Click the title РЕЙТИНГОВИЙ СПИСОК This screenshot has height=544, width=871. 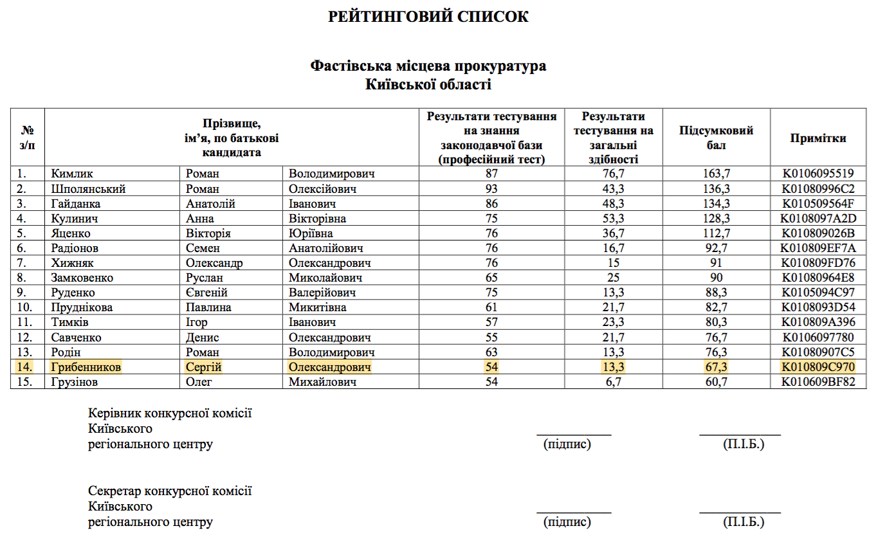428,17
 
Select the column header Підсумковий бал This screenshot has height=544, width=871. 716,138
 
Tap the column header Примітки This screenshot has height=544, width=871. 818,138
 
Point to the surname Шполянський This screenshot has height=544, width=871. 88,189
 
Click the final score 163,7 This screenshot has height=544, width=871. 716,174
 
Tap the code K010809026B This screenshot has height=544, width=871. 818,233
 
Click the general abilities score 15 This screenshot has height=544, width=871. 613,263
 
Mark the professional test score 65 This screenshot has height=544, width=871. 491,278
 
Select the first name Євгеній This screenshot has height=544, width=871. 207,293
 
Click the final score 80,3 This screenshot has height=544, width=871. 716,322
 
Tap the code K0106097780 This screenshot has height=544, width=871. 818,338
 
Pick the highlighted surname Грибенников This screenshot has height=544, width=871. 86,367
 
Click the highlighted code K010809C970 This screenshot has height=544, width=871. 818,367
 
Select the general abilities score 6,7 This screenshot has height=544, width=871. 613,382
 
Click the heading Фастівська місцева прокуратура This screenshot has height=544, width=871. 428,66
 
